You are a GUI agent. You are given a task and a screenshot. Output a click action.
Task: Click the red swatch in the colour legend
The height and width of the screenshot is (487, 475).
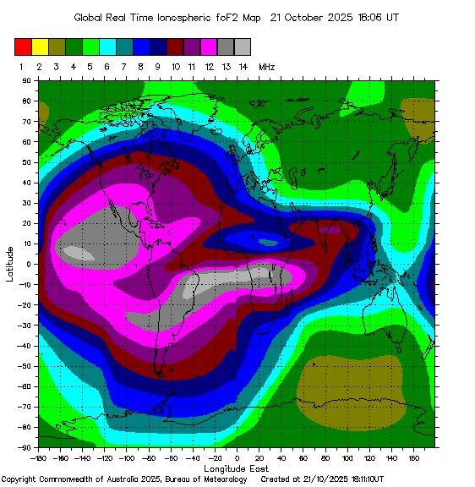23,47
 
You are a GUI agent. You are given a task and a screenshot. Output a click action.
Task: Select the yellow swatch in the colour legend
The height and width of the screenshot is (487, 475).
40,47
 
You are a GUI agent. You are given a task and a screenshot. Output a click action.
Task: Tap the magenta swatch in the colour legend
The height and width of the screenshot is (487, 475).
209,47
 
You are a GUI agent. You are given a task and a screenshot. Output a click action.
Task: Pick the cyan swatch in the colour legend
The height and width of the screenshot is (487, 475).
107,47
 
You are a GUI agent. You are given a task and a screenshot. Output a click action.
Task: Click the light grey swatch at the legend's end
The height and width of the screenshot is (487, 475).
243,47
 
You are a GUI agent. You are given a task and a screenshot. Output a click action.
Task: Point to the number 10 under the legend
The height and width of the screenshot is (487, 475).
175,66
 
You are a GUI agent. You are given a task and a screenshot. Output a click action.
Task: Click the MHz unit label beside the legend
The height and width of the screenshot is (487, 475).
267,66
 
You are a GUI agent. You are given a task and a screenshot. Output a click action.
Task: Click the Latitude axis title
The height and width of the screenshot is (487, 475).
9,264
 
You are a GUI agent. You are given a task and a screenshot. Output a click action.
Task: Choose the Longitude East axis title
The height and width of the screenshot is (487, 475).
237,468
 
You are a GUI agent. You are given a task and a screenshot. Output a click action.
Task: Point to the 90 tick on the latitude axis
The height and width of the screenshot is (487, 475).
27,80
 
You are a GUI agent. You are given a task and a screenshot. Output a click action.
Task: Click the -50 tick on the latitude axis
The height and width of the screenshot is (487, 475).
25,366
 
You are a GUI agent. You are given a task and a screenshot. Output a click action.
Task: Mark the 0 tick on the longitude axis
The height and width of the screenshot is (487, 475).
237,457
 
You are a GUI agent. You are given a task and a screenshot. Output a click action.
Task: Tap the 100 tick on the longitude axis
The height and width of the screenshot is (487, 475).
347,457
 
